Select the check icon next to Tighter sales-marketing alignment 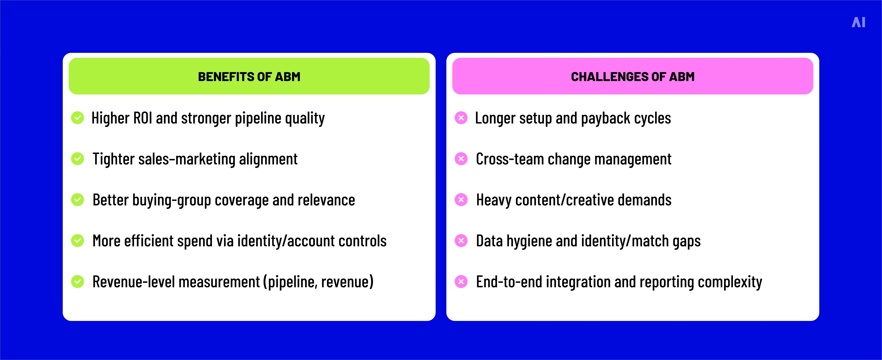click(77, 159)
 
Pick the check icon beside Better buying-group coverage click(77, 200)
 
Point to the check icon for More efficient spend click(77, 241)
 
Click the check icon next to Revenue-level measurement click(77, 282)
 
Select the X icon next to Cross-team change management click(461, 159)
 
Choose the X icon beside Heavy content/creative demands click(461, 200)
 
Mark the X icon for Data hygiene click(461, 241)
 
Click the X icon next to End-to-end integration click(461, 282)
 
